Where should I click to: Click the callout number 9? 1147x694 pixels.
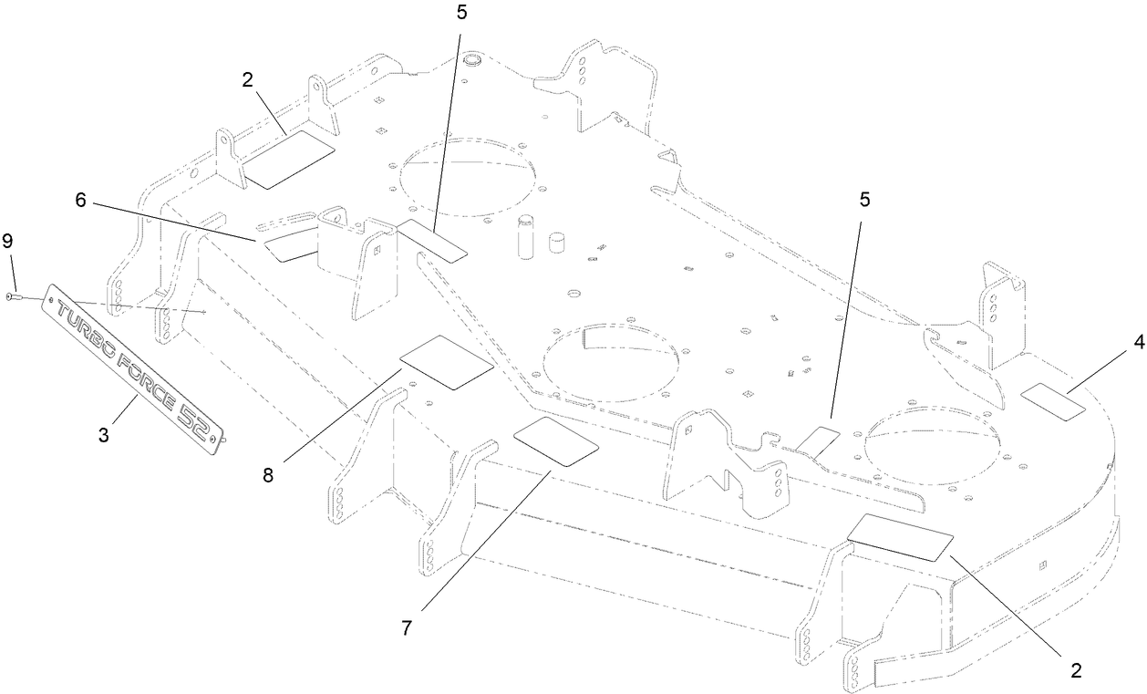pyautogui.click(x=8, y=240)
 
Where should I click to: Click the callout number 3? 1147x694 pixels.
pyautogui.click(x=103, y=435)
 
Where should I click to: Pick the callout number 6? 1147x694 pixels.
pyautogui.click(x=81, y=200)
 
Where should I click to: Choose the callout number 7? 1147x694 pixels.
pyautogui.click(x=408, y=627)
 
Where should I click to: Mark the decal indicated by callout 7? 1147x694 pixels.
pyautogui.click(x=556, y=443)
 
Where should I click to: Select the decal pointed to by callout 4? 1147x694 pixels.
pyautogui.click(x=1053, y=401)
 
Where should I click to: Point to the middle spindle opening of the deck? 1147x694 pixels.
pyautogui.click(x=612, y=361)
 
